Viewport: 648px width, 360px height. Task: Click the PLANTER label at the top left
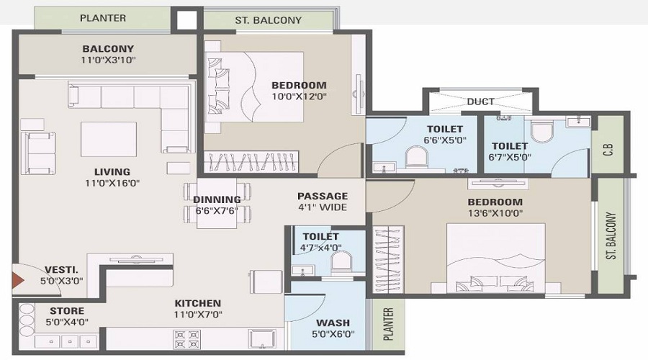103,18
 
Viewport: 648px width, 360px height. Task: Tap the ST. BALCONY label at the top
268,20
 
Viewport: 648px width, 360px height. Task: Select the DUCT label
480,102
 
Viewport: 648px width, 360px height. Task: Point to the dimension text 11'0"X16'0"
112,183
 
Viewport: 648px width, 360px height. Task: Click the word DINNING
217,199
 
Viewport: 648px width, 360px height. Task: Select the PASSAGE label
323,196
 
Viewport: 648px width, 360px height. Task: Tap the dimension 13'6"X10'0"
495,213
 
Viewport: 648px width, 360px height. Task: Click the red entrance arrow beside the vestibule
17,279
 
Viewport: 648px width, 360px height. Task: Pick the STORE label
66,311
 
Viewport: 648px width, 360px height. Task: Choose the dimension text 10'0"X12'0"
299,96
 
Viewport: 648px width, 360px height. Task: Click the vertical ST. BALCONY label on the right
611,235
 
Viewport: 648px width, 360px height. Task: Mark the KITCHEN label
197,303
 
